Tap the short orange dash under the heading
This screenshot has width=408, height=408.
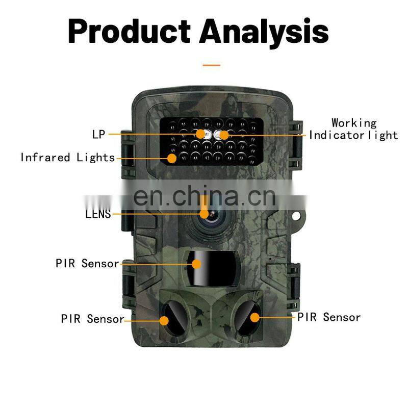(x=211, y=65)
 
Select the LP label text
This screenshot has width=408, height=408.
(x=98, y=135)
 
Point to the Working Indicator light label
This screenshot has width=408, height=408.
(x=353, y=129)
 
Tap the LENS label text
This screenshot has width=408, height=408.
(x=98, y=214)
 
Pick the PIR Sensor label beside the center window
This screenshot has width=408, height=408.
(x=87, y=264)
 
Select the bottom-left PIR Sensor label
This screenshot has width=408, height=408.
(x=92, y=319)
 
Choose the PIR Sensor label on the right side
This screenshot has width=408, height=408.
(x=329, y=317)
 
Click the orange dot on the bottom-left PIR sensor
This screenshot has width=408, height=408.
(x=164, y=320)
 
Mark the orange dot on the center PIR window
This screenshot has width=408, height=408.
(x=197, y=264)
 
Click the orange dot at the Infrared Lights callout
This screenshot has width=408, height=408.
(x=172, y=158)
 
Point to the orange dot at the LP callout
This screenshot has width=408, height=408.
(x=201, y=134)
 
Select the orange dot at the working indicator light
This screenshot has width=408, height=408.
(x=224, y=135)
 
